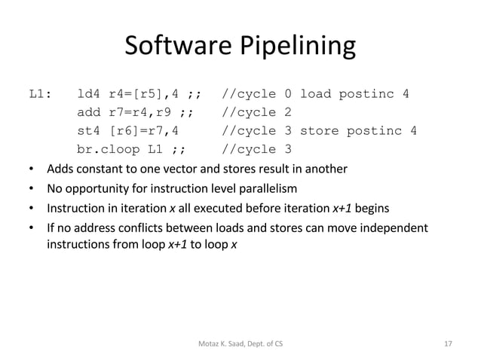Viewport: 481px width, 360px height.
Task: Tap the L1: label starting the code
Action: [x=41, y=95]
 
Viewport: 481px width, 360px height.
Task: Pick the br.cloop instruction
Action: [x=111, y=149]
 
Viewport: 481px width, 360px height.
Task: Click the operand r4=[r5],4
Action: [x=148, y=95]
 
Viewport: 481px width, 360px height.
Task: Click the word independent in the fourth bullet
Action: [x=394, y=227]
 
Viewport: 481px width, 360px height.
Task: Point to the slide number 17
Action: [x=449, y=343]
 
